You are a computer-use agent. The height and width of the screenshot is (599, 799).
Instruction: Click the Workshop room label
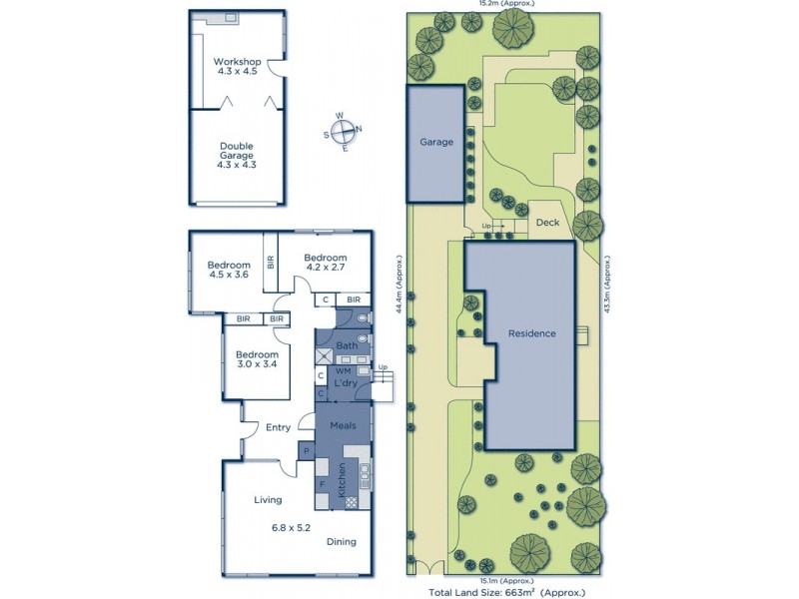(x=237, y=61)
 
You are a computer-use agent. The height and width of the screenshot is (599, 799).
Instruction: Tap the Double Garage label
(x=237, y=151)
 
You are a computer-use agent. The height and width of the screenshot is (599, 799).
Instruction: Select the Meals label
(x=344, y=426)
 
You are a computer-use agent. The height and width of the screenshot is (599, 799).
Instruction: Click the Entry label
(x=278, y=428)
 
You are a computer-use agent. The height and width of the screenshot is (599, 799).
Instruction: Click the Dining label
(x=341, y=542)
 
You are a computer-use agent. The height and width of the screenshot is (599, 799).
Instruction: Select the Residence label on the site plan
(x=531, y=333)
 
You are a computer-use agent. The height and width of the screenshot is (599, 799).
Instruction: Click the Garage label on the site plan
(x=435, y=142)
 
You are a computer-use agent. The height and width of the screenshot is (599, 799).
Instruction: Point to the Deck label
(x=547, y=223)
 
